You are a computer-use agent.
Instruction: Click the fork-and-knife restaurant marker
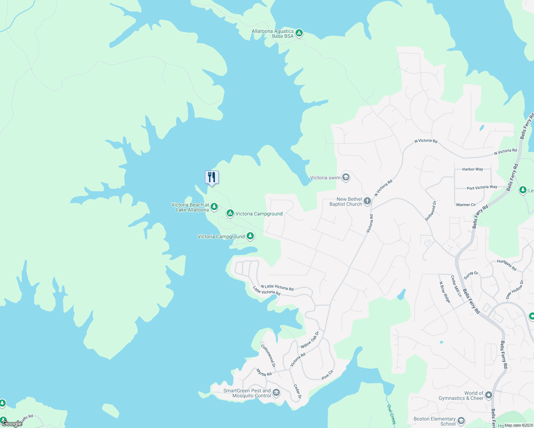(x=212, y=177)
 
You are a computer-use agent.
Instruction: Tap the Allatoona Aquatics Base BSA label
(x=273, y=34)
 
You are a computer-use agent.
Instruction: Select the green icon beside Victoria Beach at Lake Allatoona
(x=214, y=207)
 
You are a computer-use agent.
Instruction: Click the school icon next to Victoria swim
(x=346, y=177)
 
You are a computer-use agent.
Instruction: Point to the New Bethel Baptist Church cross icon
(x=367, y=202)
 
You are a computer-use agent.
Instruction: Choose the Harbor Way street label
(x=473, y=169)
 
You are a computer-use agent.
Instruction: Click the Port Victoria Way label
(x=482, y=188)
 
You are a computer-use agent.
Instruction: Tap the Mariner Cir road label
(x=466, y=205)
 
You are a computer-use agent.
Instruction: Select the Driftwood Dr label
(x=431, y=211)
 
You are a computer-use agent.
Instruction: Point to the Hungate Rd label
(x=507, y=265)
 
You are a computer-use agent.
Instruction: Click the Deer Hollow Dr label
(x=515, y=289)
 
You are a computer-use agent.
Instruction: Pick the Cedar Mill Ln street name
(x=456, y=286)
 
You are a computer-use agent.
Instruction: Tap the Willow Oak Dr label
(x=309, y=340)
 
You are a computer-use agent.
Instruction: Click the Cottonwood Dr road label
(x=268, y=356)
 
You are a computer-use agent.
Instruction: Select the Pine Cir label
(x=327, y=374)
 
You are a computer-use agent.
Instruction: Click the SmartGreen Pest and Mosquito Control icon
(x=276, y=393)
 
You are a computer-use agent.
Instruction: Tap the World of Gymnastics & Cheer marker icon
(x=489, y=395)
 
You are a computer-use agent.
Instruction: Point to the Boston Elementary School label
(x=435, y=421)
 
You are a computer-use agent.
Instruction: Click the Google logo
(x=12, y=424)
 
